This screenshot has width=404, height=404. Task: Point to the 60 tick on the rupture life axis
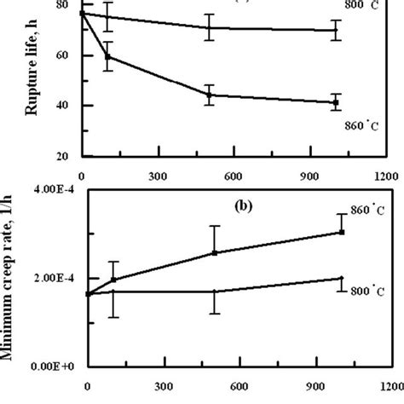pyautogui.click(x=62, y=55)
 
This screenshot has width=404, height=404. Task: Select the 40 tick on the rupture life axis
pyautogui.click(x=62, y=106)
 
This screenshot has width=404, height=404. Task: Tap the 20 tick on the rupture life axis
pyautogui.click(x=62, y=157)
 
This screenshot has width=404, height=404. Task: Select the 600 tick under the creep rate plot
pyautogui.click(x=238, y=384)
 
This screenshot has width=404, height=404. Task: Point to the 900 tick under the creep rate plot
pyautogui.click(x=313, y=384)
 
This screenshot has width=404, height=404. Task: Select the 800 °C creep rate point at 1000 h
pyautogui.click(x=341, y=278)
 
